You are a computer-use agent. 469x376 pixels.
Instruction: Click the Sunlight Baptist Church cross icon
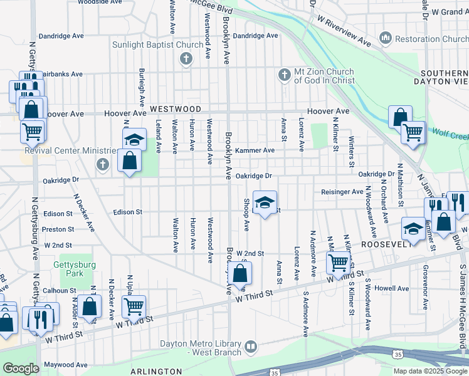point(186,60)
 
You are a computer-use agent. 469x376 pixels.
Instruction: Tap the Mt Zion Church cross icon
point(283,75)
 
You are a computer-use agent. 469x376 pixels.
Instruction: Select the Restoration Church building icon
point(385,39)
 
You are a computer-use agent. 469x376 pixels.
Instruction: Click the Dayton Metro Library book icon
point(251,347)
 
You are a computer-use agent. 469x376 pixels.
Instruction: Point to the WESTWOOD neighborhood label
point(176,109)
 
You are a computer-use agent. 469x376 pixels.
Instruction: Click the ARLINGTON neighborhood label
point(156,372)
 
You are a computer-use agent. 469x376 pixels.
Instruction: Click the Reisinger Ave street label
point(342,192)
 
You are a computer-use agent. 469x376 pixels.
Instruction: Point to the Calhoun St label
point(60,291)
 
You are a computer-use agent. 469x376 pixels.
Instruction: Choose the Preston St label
point(58,229)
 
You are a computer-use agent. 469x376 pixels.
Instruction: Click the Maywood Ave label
point(65,365)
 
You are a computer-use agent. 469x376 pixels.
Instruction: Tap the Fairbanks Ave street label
point(60,74)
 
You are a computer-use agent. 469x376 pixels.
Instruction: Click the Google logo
point(21,368)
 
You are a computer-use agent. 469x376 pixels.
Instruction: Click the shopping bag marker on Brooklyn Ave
point(240,273)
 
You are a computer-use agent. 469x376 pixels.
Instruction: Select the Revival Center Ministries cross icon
point(103,164)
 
